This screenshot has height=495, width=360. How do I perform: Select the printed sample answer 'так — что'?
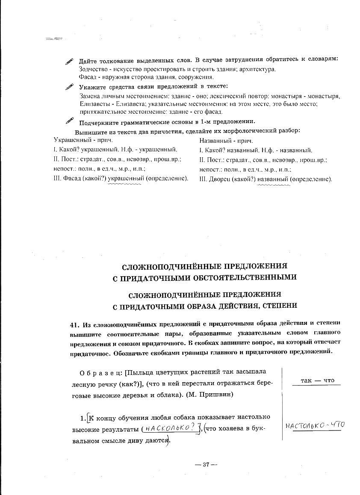[317, 380]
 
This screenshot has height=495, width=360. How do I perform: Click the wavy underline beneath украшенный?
[124, 184]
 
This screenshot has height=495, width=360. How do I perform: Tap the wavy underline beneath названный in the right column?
[274, 185]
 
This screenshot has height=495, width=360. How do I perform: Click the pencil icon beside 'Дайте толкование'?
[69, 61]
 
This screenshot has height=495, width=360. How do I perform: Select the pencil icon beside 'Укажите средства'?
[69, 87]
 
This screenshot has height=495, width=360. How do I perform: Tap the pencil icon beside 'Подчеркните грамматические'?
[69, 121]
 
